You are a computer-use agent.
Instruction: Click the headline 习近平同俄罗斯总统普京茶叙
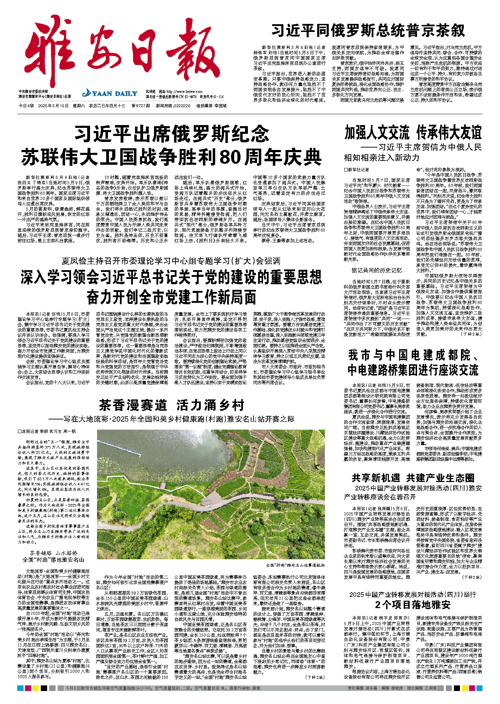coord(368,31)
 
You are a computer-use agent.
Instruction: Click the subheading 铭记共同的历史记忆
coord(377,270)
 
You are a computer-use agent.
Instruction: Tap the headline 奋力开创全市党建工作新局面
coord(171,298)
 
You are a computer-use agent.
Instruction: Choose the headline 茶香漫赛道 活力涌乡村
coord(171,405)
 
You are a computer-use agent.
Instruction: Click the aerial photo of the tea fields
coord(211,495)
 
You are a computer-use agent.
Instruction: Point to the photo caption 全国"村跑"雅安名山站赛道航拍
coord(295,565)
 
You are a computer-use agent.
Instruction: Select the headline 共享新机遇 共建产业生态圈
coord(413,478)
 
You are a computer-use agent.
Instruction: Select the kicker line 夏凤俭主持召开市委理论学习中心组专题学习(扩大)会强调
coord(171,261)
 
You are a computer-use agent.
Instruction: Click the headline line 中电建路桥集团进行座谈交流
coord(413,370)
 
